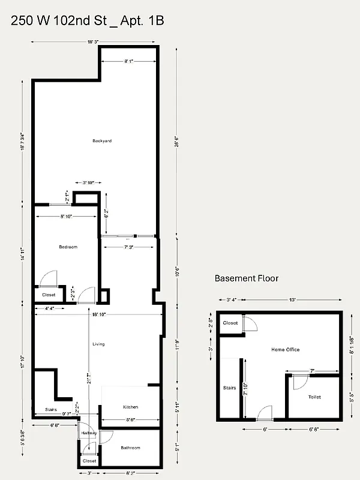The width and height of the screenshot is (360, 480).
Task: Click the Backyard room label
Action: (x=102, y=141)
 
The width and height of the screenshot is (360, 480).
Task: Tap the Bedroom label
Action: (x=68, y=247)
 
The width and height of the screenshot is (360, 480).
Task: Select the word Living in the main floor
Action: (x=98, y=344)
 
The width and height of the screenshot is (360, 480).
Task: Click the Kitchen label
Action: (x=130, y=406)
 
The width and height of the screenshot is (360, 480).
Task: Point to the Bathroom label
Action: (x=130, y=448)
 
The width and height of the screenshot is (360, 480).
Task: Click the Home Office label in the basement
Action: (x=285, y=349)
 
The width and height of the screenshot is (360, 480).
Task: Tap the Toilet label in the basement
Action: (x=314, y=397)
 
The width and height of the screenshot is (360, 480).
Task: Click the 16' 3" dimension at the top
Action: (x=93, y=42)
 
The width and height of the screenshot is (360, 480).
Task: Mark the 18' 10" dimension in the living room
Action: (x=98, y=314)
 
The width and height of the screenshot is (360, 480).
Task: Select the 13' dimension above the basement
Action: (x=292, y=299)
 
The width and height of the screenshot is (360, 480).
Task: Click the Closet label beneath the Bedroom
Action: (x=49, y=295)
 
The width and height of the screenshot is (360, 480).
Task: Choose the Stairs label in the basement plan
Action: (x=229, y=388)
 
